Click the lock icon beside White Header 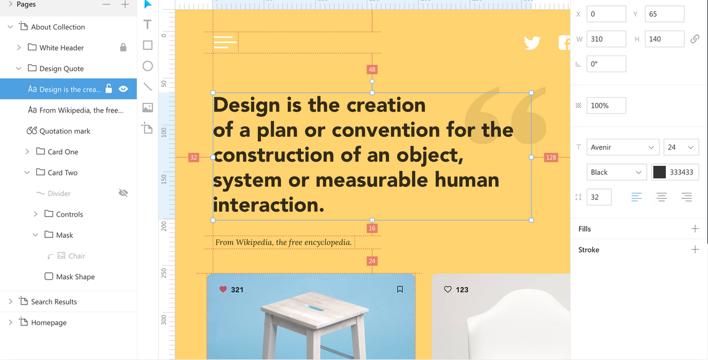[123, 47]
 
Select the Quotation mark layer [65, 131]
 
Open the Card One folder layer [62, 152]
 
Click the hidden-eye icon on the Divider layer [123, 193]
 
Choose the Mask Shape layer [75, 277]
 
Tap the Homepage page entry [49, 322]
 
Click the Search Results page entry [54, 302]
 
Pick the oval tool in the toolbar [147, 66]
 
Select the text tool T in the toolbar [147, 25]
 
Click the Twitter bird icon [532, 43]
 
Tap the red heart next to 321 [223, 289]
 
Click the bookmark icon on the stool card [400, 289]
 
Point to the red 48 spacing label [372, 69]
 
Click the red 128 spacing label [551, 157]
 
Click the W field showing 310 [606, 39]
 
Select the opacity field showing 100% [606, 106]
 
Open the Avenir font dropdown [622, 147]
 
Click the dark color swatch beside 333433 [659, 172]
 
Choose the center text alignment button [662, 197]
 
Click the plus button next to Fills [695, 228]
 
